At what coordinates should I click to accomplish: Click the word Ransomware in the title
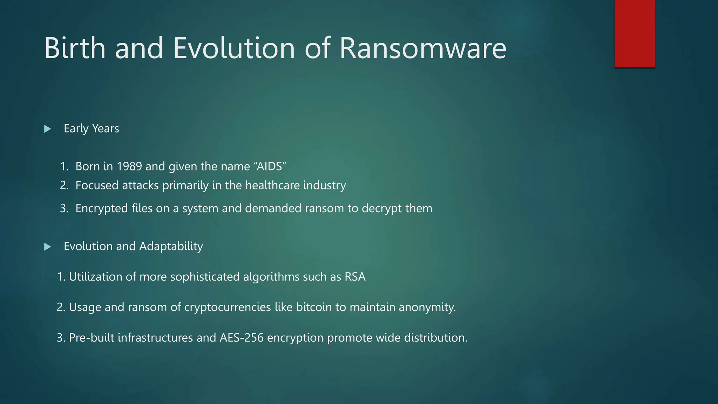click(x=423, y=48)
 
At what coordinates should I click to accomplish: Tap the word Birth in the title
click(x=75, y=48)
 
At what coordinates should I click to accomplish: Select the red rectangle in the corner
click(x=635, y=34)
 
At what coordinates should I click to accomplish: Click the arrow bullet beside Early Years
click(x=48, y=129)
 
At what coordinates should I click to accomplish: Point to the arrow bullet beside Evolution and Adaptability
click(x=48, y=247)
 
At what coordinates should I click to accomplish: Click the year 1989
click(x=129, y=166)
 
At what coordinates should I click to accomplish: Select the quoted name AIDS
click(x=270, y=166)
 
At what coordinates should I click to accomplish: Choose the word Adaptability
click(x=171, y=247)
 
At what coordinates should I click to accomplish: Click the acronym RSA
click(x=355, y=277)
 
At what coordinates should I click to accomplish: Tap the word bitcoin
click(x=314, y=307)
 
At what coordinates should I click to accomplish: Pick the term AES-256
click(x=242, y=338)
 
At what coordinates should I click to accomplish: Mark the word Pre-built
click(x=92, y=338)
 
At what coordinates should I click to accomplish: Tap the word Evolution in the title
click(x=234, y=48)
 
